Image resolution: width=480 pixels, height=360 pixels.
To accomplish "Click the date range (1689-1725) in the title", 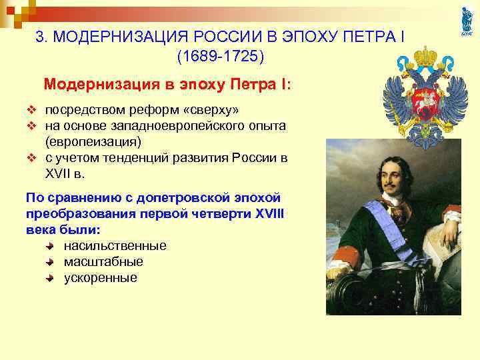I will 221,57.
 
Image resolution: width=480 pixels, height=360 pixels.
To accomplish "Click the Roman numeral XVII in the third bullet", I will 60,175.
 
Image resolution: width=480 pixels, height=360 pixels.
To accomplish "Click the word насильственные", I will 115,246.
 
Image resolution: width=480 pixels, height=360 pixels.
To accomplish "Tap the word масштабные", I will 103,262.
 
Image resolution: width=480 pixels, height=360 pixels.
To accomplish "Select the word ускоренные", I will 100,278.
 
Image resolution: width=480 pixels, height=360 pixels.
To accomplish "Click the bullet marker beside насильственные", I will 51,246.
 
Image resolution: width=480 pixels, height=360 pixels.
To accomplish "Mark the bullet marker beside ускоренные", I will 51,278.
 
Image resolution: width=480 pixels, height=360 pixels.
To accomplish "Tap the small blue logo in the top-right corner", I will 466,22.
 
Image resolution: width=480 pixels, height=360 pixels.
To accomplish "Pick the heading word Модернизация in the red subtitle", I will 91,85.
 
